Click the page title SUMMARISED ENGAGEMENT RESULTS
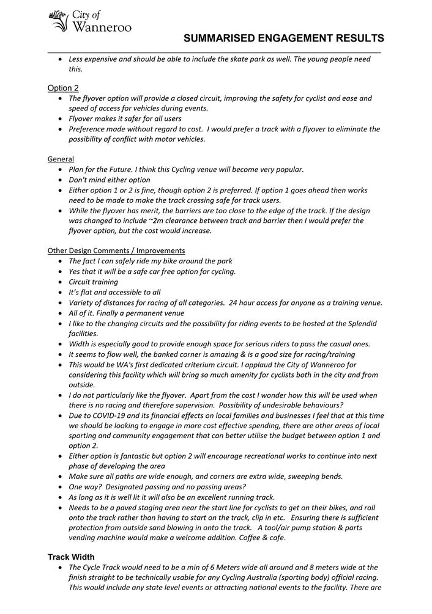284,38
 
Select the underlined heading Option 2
63,88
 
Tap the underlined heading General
61,159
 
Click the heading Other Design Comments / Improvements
116,250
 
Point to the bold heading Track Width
71,557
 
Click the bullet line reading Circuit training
93,282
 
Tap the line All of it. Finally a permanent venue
126,313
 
